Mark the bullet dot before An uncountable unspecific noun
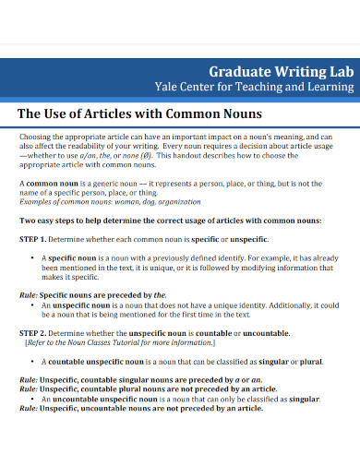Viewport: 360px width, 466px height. [32, 399]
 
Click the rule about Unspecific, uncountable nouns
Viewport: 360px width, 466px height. [141, 408]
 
